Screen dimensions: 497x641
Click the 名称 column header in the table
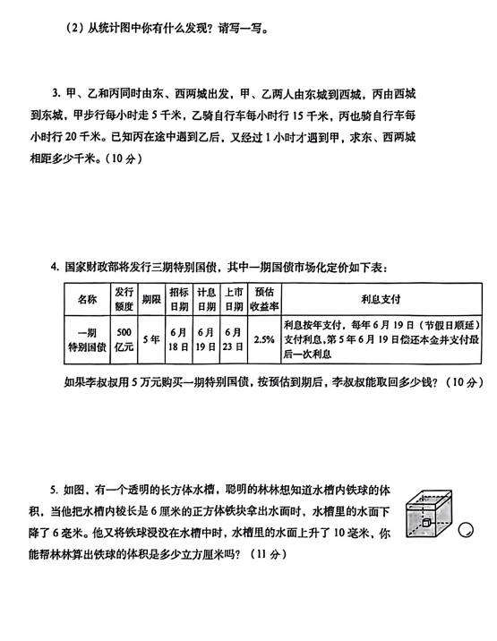87,299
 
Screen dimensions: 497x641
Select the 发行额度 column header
124,299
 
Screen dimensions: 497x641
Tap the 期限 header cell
151,299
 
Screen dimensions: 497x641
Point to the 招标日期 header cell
179,299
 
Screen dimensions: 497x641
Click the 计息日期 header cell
206,299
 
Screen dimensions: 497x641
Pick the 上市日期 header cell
234,299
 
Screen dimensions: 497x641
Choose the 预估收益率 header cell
264,299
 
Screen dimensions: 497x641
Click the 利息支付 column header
381,299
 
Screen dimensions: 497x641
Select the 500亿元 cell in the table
124,339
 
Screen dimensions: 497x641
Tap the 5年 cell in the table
151,339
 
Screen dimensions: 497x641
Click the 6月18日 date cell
179,339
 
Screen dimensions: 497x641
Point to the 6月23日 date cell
234,339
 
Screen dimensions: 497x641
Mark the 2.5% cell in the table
264,339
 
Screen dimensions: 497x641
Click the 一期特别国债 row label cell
87,339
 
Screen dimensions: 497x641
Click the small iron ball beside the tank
466,530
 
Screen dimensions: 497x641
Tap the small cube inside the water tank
426,523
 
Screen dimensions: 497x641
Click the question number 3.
56,94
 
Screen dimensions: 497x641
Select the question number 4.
55,268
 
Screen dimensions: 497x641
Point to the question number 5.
54,490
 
